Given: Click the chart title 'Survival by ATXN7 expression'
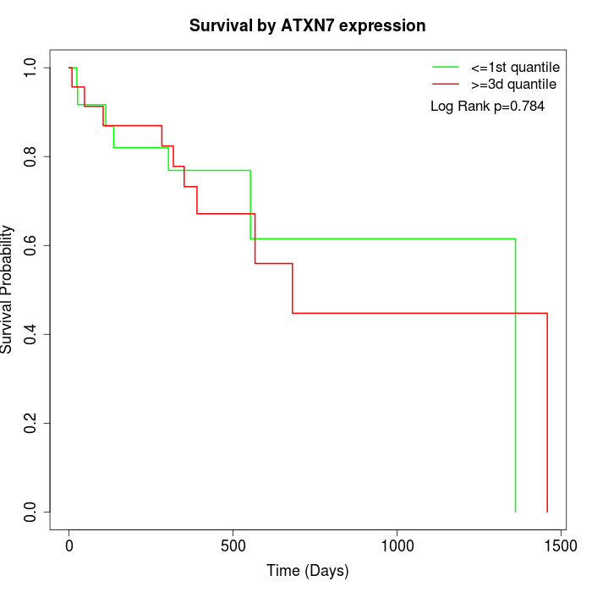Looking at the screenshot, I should [307, 26].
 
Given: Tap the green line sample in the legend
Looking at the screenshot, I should [446, 67].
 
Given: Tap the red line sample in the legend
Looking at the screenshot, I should [446, 85].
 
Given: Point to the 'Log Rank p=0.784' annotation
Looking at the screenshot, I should [487, 107].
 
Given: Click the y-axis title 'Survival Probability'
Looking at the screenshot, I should [8, 289].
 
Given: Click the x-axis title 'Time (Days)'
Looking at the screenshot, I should [307, 572].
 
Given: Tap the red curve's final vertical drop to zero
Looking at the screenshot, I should [547, 414].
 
